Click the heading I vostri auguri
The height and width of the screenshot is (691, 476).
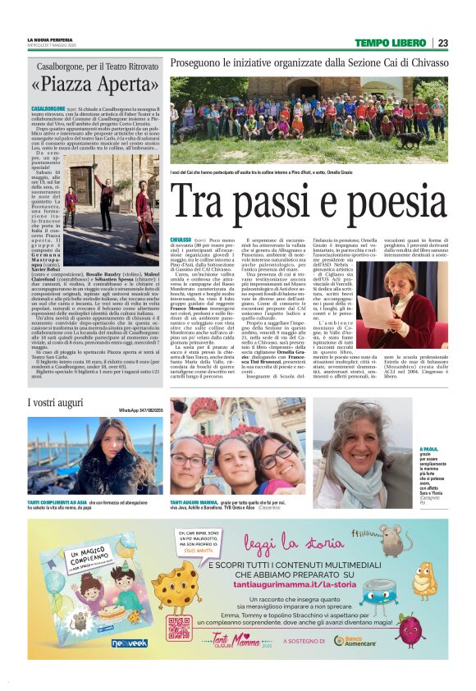tap(56, 403)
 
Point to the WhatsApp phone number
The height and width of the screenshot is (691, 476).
tap(141, 409)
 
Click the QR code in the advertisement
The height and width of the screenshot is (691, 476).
tap(180, 629)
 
